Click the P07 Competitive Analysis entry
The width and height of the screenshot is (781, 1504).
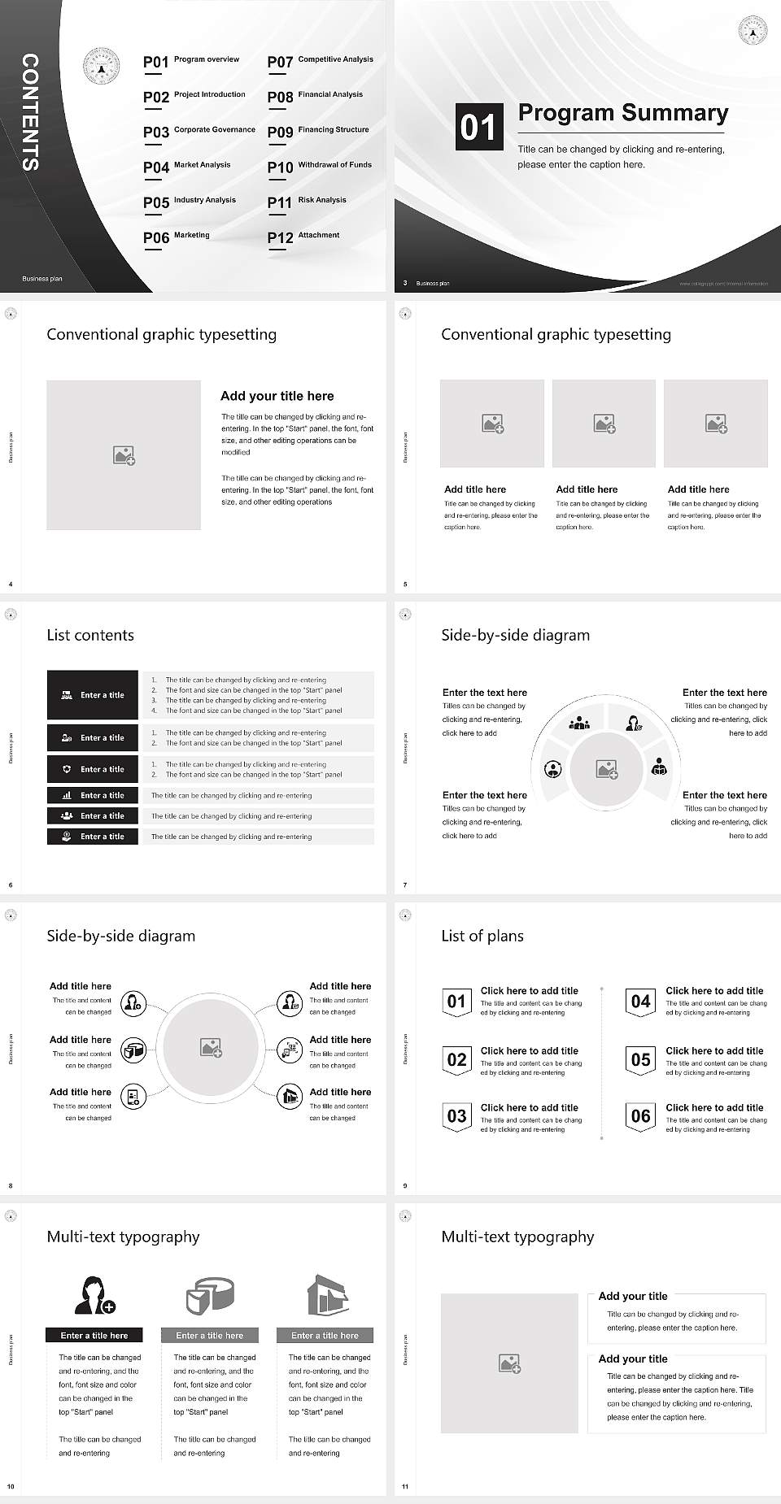[321, 61]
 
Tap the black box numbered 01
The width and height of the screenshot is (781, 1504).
[478, 127]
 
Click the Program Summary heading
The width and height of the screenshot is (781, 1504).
[622, 113]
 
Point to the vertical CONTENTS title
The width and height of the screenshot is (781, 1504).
[30, 112]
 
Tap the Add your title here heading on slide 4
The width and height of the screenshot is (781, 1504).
[277, 396]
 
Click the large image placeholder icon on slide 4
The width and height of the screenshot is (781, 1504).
[124, 455]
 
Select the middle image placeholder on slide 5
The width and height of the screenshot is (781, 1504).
[604, 424]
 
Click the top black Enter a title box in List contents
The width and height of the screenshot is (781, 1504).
[93, 695]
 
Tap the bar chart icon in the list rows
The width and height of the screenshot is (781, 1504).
[67, 795]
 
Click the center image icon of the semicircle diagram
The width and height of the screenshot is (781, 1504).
[607, 769]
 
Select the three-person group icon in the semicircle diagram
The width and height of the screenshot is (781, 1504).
[579, 722]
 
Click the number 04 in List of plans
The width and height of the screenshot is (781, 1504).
[641, 1002]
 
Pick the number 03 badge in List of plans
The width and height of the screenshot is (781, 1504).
[456, 1116]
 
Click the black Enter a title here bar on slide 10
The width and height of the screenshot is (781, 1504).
[94, 1335]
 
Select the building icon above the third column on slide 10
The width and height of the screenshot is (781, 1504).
[327, 1294]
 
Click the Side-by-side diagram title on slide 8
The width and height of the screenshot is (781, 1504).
[120, 936]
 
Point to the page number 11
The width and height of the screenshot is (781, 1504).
[405, 1487]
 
